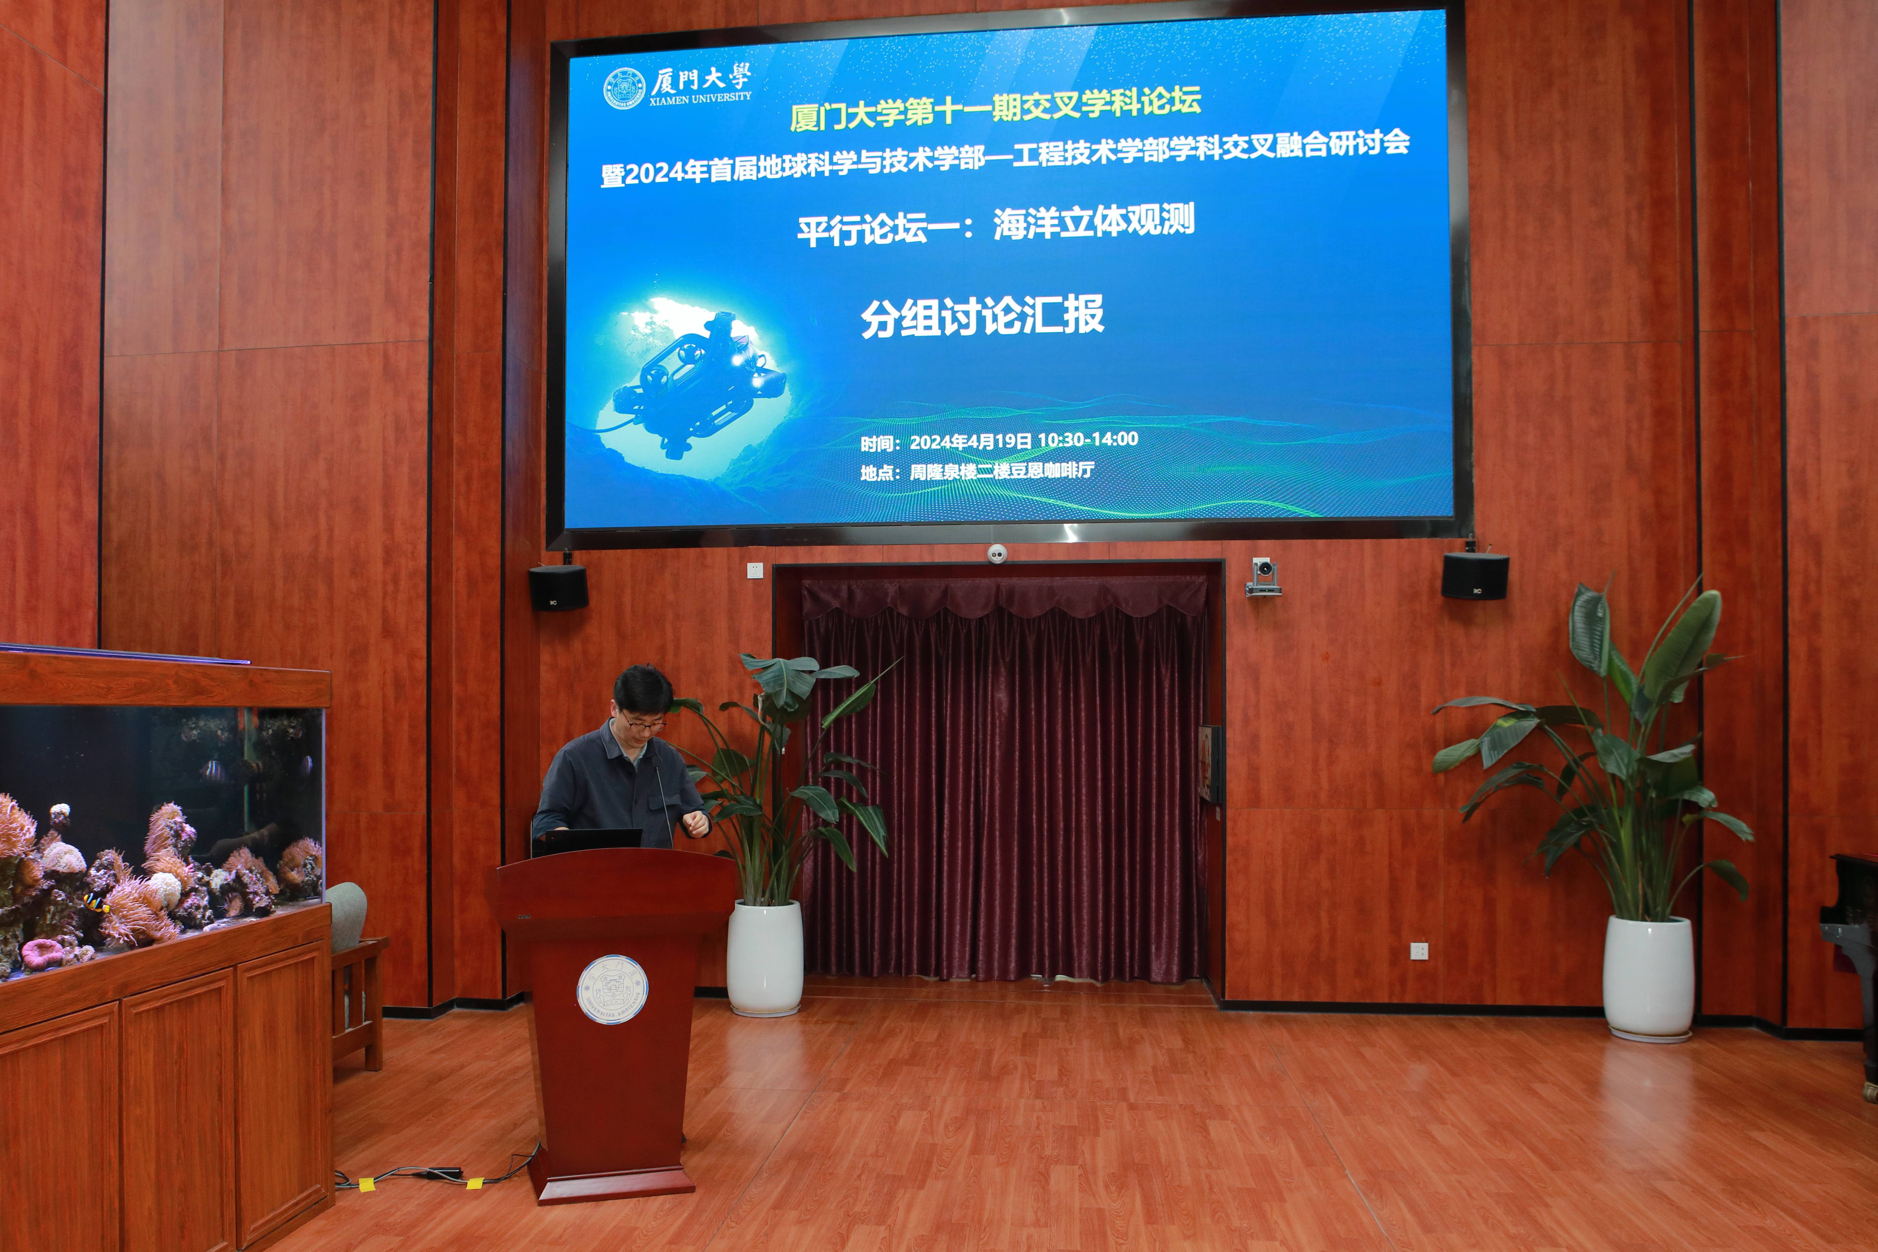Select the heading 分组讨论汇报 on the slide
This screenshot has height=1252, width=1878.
[x=982, y=316]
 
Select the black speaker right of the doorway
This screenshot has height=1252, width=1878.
[x=1475, y=575]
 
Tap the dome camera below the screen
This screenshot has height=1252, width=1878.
[x=997, y=553]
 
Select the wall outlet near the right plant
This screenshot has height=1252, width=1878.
[x=1419, y=950]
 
